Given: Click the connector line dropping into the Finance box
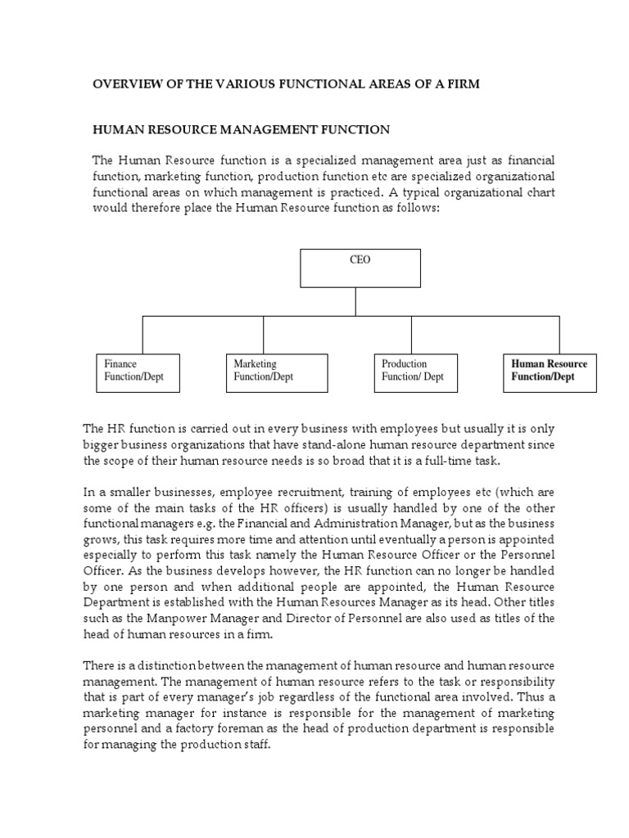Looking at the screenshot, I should (143, 336).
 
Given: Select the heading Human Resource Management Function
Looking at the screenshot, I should (241, 130).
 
